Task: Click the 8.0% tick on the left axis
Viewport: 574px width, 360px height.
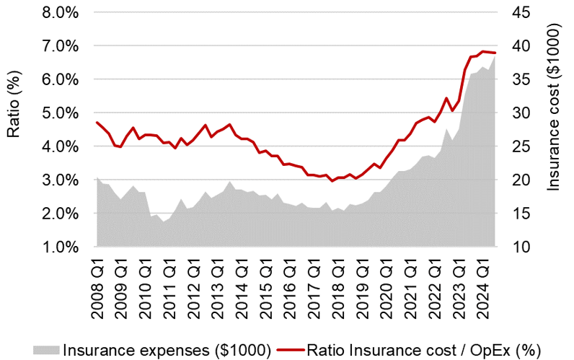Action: [x=63, y=12]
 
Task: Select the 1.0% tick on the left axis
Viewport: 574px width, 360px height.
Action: [x=63, y=247]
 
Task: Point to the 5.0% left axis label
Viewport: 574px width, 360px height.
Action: [x=63, y=113]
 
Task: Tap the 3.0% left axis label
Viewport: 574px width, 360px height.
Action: [x=63, y=180]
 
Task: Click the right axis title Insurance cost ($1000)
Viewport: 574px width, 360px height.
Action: [x=554, y=108]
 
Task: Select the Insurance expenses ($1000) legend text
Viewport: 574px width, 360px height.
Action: [x=167, y=349]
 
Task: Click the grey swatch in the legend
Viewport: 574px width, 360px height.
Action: [x=45, y=349]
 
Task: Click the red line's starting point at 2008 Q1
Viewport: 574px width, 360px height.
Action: [x=97, y=122]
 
